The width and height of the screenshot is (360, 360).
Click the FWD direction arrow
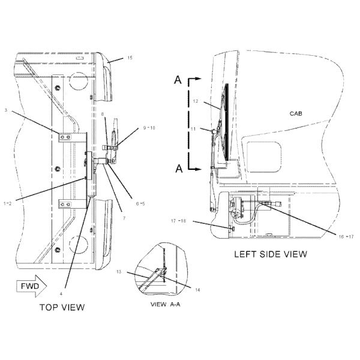point(31,286)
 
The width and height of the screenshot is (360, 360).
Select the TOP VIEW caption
point(62,307)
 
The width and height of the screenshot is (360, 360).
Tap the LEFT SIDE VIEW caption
point(271,254)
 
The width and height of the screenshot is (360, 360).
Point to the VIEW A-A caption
point(166,304)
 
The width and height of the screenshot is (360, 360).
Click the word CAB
point(296,113)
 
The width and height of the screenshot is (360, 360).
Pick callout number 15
point(130,58)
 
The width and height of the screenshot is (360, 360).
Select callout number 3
point(6,110)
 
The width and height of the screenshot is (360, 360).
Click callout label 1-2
point(7,203)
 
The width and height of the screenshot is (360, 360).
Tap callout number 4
point(61,293)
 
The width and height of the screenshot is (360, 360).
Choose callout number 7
point(124,218)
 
